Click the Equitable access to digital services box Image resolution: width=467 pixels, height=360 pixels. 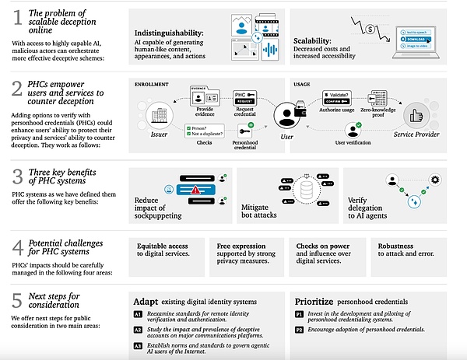point(163,250)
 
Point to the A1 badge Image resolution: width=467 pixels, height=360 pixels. point(138,313)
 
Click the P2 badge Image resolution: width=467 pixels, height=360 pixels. point(300,328)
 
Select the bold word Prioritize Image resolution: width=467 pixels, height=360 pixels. point(320,300)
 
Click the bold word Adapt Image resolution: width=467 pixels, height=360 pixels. point(146,300)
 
